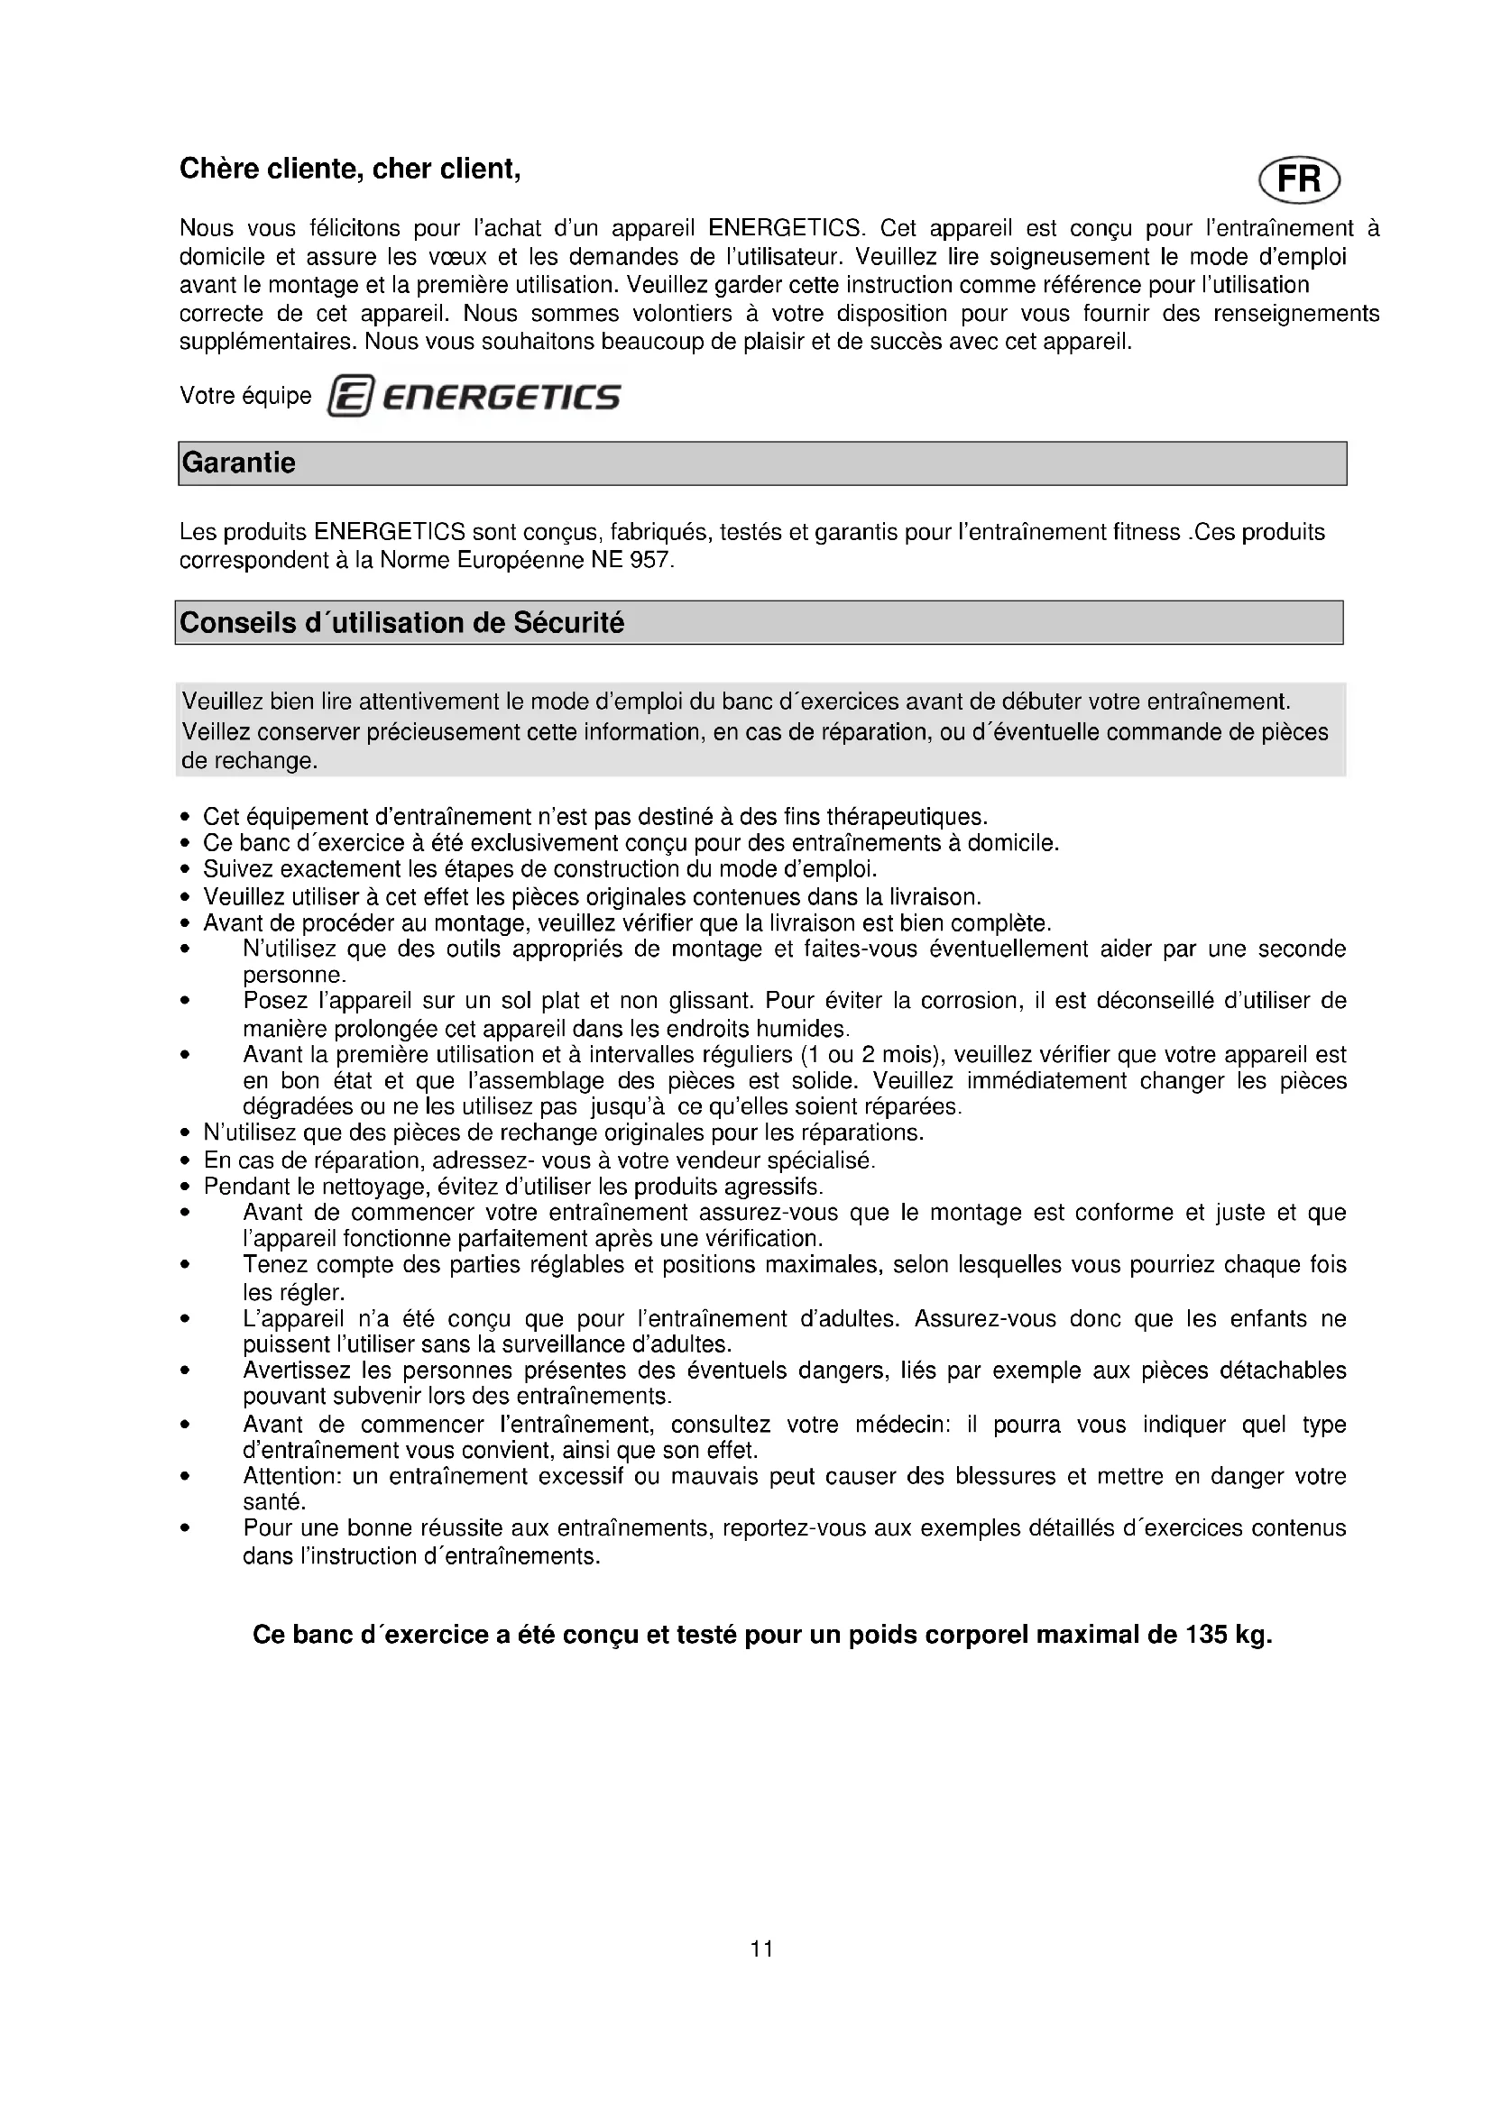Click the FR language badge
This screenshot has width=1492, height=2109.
tap(1299, 179)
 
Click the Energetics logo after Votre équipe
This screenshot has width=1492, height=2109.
tap(474, 397)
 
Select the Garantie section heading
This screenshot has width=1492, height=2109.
tap(239, 463)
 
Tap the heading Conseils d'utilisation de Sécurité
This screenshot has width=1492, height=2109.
tap(401, 623)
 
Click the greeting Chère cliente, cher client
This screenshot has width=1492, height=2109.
tap(350, 169)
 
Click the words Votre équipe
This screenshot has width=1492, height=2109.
tap(245, 396)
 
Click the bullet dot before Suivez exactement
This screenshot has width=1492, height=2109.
tap(186, 869)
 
